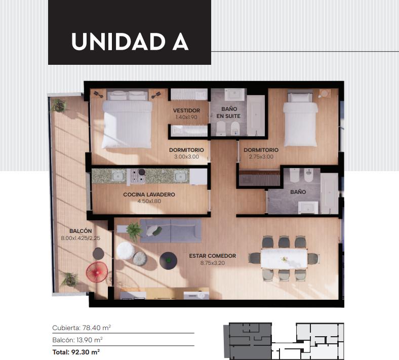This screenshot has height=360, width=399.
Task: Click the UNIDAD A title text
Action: pos(130,42)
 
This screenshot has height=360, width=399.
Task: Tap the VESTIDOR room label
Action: pos(186,110)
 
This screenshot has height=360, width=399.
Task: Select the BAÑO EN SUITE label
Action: pos(229,112)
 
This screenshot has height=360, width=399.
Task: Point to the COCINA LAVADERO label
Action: pos(149,194)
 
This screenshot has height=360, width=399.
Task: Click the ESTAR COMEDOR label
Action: pos(213,256)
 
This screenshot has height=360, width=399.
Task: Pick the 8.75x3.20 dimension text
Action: pos(213,263)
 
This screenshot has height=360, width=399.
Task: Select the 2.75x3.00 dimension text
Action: pos(261,156)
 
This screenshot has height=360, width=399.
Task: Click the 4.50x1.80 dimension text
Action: pos(149,201)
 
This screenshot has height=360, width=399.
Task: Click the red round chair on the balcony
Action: pos(97,271)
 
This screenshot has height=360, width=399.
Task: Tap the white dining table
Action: pos(284,259)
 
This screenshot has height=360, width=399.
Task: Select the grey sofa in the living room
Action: pos(171,231)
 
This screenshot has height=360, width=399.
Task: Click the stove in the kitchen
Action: pos(137,176)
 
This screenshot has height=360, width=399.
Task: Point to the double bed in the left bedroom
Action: pos(127,119)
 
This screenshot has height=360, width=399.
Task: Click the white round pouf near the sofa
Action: pos(126,251)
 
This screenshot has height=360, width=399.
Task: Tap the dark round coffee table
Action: pos(168,261)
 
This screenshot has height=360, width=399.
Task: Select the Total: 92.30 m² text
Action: pos(76,352)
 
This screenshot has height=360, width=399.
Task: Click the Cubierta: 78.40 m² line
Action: pos(82,328)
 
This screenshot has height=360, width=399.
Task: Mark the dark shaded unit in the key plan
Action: pos(250,341)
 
